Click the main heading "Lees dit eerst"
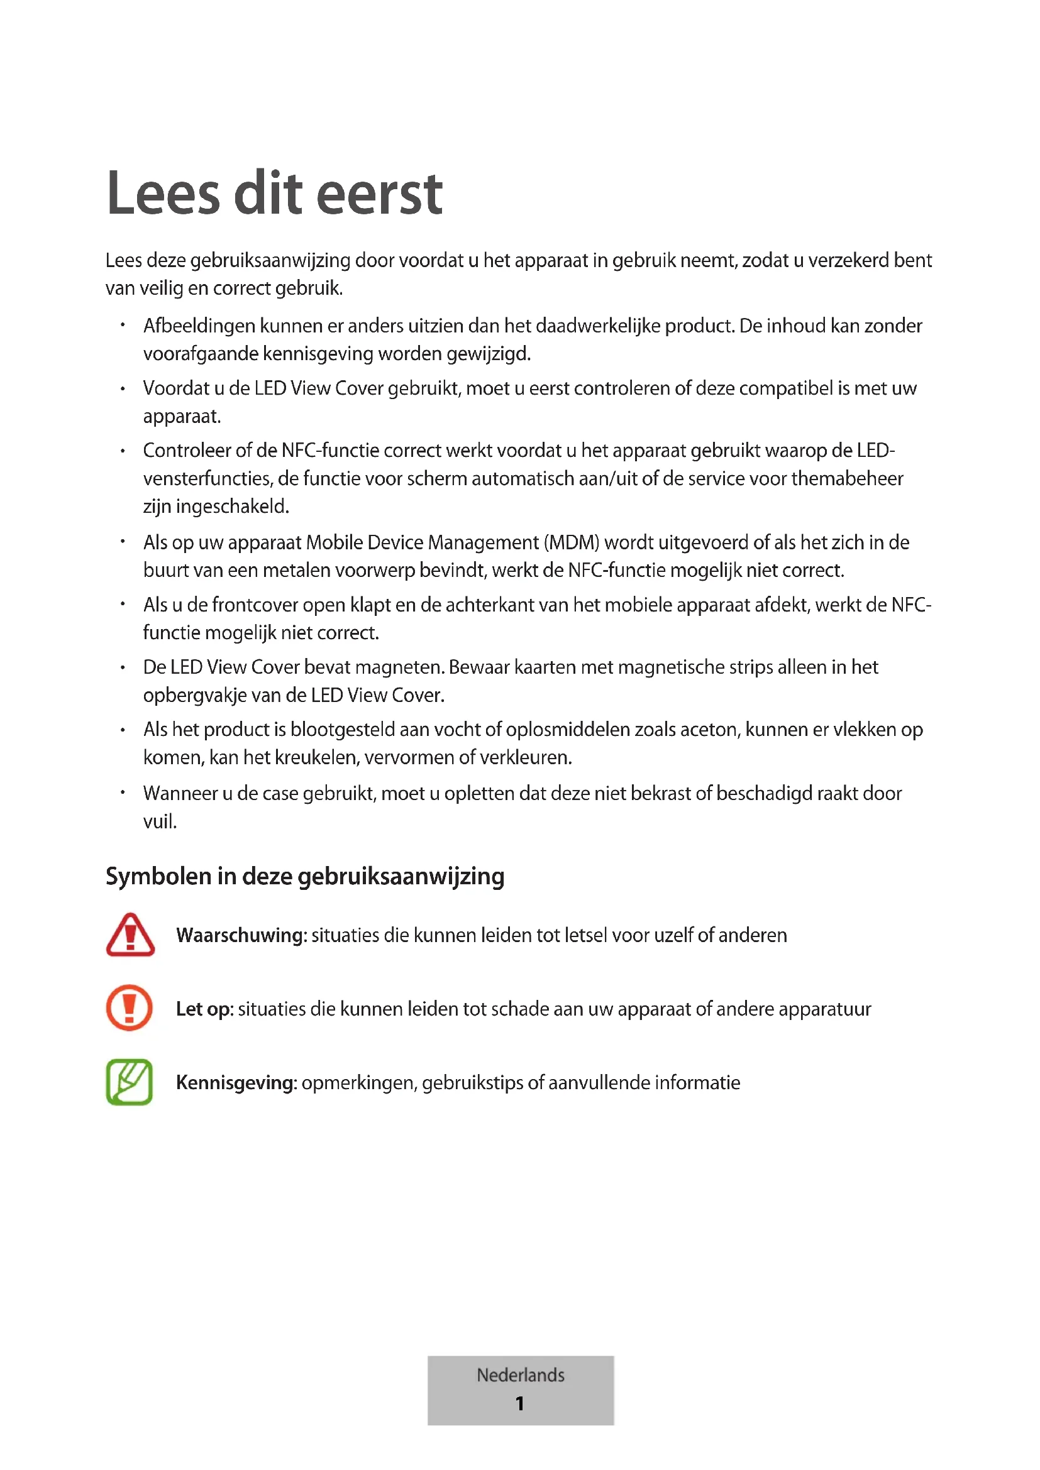[x=274, y=194]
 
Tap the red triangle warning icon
[x=130, y=935]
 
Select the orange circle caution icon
[x=130, y=1008]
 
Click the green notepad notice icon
[x=130, y=1082]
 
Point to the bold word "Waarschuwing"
[x=241, y=935]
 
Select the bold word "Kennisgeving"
[x=235, y=1083]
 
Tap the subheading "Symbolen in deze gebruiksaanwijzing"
[x=305, y=876]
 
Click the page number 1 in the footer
[x=520, y=1404]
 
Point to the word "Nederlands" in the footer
[x=520, y=1375]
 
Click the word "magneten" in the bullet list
[x=398, y=667]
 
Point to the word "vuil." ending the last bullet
[x=160, y=822]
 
